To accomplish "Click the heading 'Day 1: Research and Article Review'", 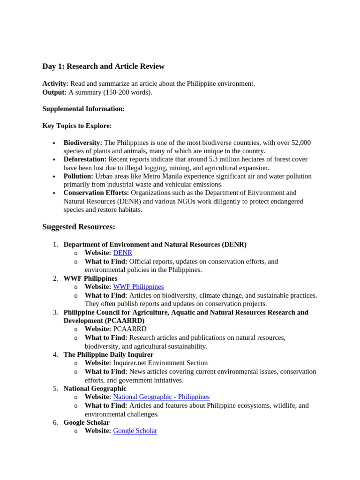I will click(103, 67).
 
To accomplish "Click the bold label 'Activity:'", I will click(55, 83).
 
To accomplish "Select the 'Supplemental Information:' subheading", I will click(83, 109).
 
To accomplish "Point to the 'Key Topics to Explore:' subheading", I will click(77, 126).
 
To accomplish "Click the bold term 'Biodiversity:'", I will click(82, 142).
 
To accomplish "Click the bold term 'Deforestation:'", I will click(85, 159).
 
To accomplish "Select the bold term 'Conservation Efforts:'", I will click(96, 193).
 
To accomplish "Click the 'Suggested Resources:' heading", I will click(79, 227).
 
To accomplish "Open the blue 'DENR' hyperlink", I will click(123, 253).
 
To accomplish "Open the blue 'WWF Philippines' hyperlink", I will click(138, 286).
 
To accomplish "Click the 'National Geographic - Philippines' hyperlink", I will click(161, 397).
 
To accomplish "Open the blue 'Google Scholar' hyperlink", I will click(135, 430).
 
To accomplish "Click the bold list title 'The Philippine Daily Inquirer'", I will click(108, 354).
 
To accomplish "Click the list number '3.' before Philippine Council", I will click(55, 312).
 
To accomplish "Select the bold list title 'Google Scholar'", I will click(86, 422).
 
